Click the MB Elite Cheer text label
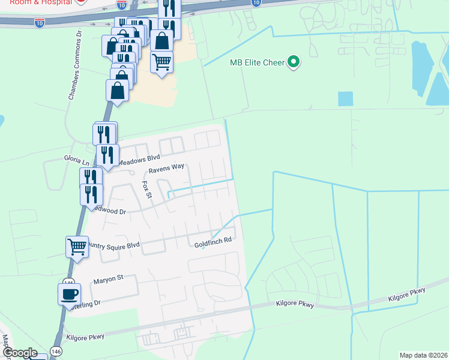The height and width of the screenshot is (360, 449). [256, 62]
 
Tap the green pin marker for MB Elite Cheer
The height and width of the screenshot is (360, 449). [294, 62]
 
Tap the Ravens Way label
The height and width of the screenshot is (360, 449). [166, 169]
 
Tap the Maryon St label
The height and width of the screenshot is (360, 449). [108, 278]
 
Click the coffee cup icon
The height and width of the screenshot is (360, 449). [69, 293]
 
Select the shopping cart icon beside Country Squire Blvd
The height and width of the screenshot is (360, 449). [77, 245]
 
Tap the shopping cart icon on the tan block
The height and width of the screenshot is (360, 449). [161, 61]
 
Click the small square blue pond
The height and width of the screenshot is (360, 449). [345, 99]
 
